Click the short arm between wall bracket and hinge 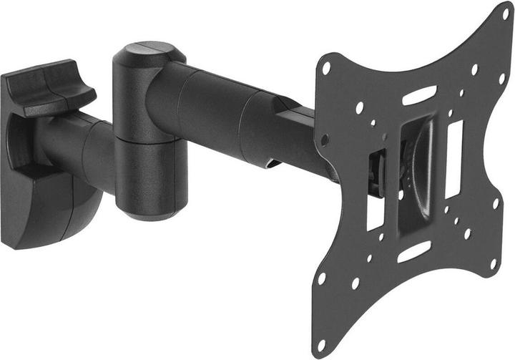(x=79, y=147)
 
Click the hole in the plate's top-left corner (x=326, y=69)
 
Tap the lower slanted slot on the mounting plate (x=414, y=251)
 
